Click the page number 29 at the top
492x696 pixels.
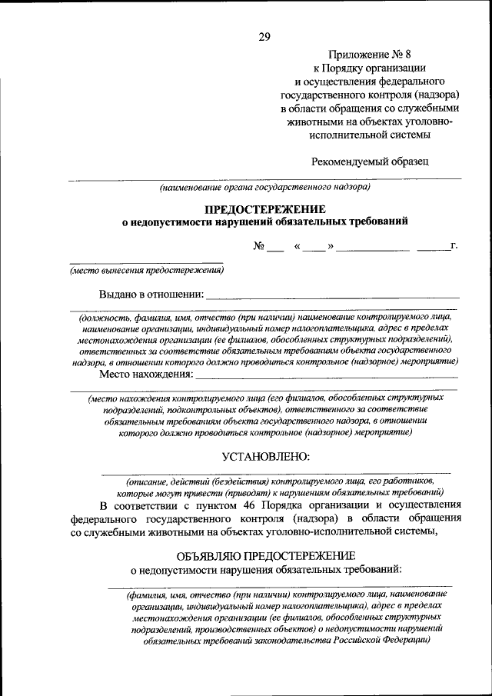point(264,37)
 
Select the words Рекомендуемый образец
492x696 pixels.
point(370,161)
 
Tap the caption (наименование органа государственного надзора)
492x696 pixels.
point(264,186)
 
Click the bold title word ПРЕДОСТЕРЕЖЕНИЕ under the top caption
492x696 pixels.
point(264,209)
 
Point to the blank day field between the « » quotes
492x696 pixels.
point(313,247)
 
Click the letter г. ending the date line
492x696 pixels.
point(454,246)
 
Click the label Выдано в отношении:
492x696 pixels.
point(151,294)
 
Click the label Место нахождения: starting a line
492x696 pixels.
point(145,375)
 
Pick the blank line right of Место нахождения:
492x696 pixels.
point(327,376)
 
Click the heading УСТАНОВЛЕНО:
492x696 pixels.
point(264,456)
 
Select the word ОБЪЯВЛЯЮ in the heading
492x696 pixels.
point(209,555)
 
